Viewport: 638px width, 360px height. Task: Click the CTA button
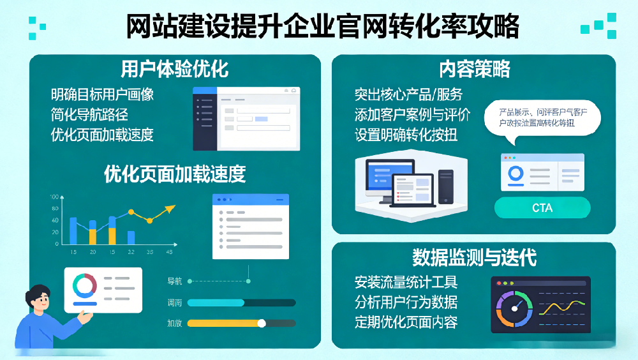pos(542,208)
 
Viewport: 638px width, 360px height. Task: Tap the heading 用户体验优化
pos(175,68)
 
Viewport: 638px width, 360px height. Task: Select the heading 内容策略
pos(474,68)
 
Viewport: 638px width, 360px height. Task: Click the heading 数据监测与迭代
pos(474,257)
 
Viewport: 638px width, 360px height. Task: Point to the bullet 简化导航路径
pos(89,115)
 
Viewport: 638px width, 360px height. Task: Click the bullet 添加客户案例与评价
pos(412,115)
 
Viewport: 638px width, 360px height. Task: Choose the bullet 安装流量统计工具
pos(406,282)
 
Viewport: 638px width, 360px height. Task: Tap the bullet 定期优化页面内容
pos(406,322)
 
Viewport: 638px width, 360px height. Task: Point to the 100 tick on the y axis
pos(54,197)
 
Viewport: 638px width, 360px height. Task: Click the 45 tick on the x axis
pos(169,252)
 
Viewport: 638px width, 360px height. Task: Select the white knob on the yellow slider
pos(261,323)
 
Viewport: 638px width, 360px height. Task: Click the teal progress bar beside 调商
pos(216,303)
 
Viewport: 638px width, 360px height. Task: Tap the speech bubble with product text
pos(541,119)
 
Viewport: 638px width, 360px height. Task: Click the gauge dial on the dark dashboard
pos(512,305)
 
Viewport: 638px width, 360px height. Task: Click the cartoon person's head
pos(38,299)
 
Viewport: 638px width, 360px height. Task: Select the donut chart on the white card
pos(84,285)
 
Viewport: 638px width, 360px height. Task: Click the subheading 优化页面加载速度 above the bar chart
pos(175,174)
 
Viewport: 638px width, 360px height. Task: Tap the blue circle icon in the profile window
pos(516,173)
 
